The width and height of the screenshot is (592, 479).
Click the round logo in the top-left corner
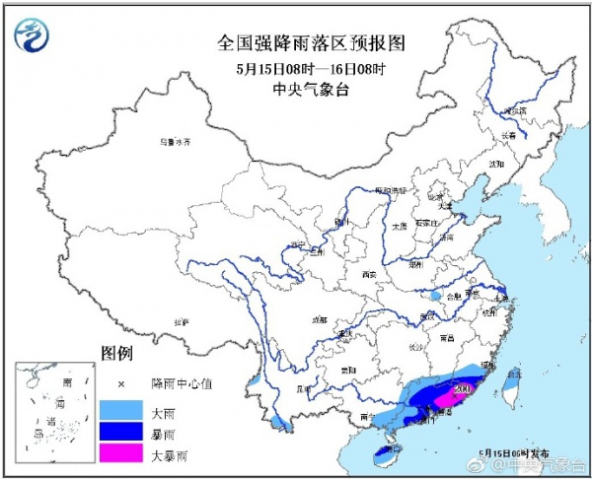[x=34, y=35]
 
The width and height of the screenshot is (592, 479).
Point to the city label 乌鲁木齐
[x=174, y=142]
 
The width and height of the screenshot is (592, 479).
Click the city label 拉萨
[x=181, y=321]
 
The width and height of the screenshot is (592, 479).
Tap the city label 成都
[x=319, y=319]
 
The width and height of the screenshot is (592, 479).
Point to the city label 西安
[x=370, y=274]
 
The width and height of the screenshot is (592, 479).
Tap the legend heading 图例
[x=116, y=353]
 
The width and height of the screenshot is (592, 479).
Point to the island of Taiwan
[x=510, y=390]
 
